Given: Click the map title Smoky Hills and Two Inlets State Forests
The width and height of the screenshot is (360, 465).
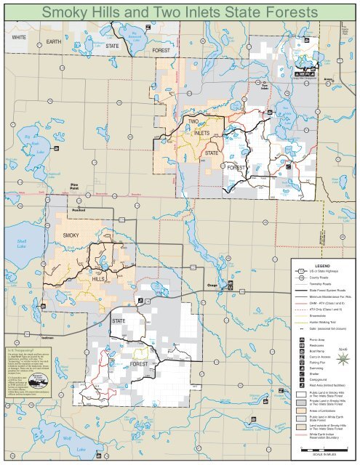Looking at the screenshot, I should (x=180, y=12).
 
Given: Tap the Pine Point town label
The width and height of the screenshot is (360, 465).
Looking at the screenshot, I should (x=73, y=187).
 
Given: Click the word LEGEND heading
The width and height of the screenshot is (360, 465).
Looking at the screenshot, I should (x=321, y=264).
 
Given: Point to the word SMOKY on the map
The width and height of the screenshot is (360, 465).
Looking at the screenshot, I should (x=71, y=235).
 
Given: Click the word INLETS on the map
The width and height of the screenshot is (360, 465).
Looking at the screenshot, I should (x=201, y=134).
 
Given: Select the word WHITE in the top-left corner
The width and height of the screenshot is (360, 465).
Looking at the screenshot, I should (x=19, y=36).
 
